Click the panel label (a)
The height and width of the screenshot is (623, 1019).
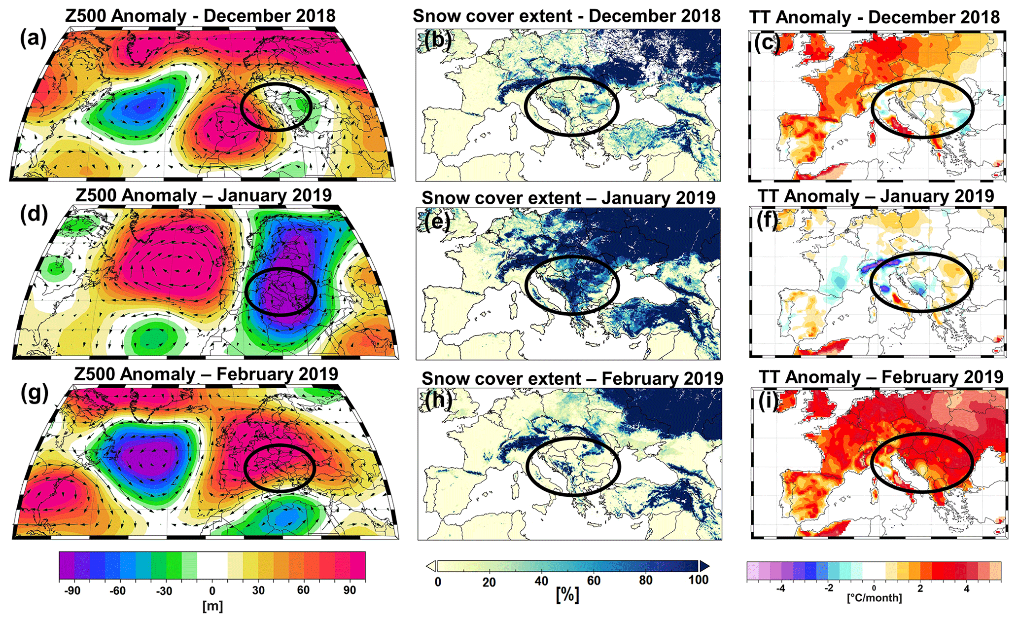(33, 38)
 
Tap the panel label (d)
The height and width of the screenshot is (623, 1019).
(34, 215)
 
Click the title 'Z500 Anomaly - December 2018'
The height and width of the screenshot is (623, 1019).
(200, 16)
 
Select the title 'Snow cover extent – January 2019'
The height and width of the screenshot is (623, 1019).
(568, 198)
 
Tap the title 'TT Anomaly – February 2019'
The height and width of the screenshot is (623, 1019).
(880, 377)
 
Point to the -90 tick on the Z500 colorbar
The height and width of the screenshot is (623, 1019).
(72, 591)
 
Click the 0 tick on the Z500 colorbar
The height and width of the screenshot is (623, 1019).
(212, 591)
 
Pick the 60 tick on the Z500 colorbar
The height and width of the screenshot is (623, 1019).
(303, 590)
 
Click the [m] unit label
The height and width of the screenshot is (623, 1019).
(212, 606)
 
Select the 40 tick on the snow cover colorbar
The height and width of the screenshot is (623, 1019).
(541, 581)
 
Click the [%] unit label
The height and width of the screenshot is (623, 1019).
(567, 595)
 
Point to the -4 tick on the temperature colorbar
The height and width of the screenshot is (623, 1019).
(780, 588)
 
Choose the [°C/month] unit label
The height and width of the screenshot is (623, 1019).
(874, 598)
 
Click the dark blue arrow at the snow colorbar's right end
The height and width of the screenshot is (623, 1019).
(704, 566)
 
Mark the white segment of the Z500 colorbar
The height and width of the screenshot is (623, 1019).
(212, 565)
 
